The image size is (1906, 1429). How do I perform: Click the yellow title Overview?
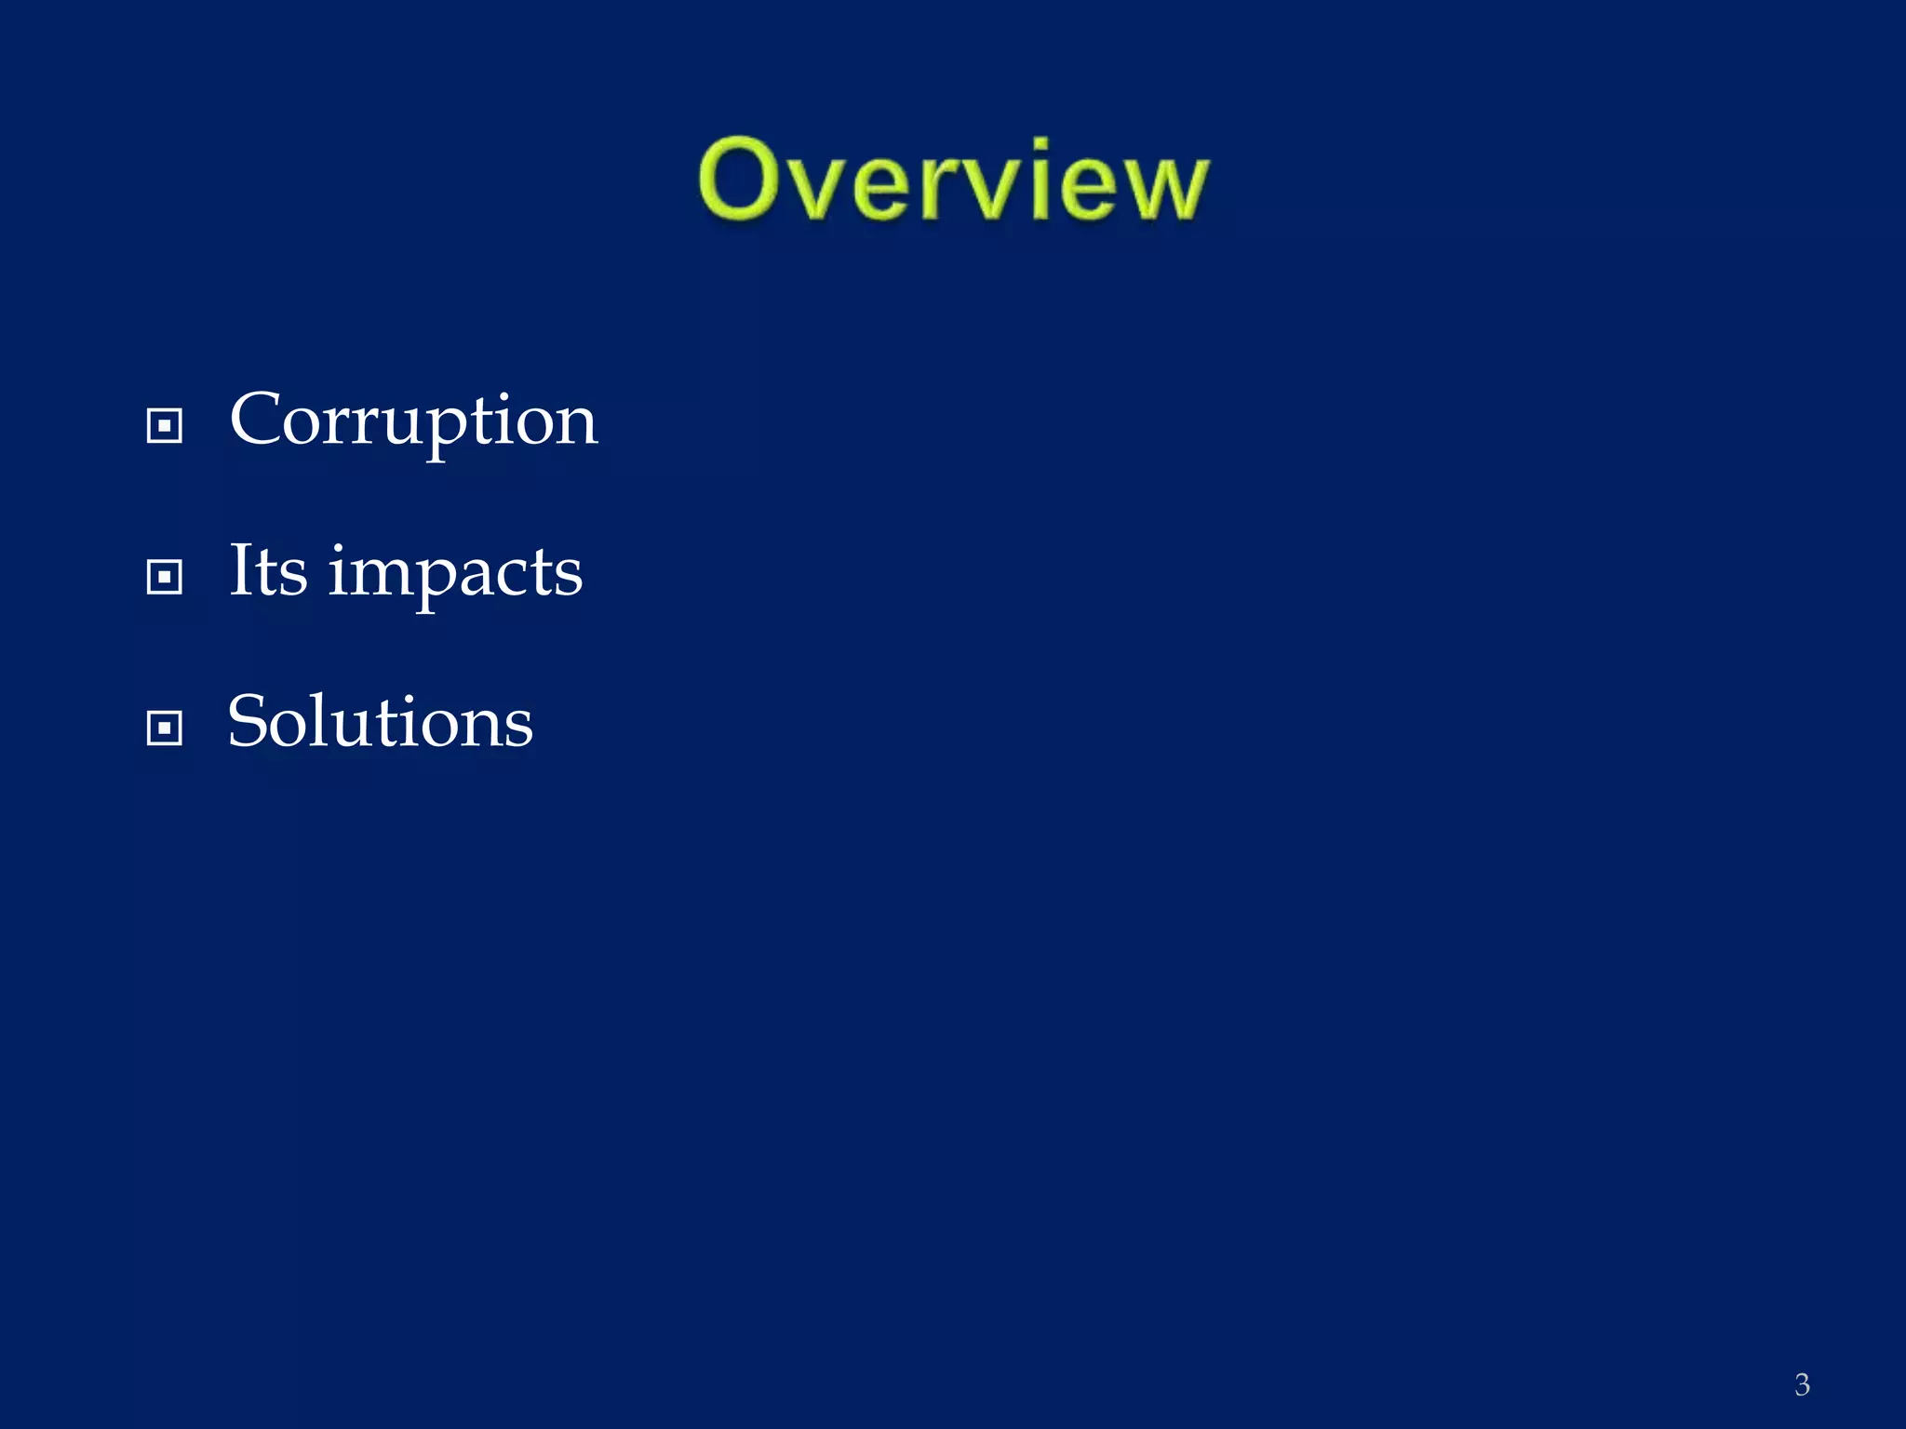pyautogui.click(x=953, y=181)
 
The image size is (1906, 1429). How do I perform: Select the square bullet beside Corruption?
pyautogui.click(x=165, y=426)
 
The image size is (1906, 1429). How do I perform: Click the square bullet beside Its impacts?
pyautogui.click(x=165, y=577)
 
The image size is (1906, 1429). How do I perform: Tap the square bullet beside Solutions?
pyautogui.click(x=165, y=728)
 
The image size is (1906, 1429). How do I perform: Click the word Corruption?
pyautogui.click(x=413, y=421)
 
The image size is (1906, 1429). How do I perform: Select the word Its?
pyautogui.click(x=268, y=570)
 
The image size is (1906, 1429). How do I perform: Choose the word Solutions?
pyautogui.click(x=380, y=722)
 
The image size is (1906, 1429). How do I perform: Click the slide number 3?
pyautogui.click(x=1802, y=1384)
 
